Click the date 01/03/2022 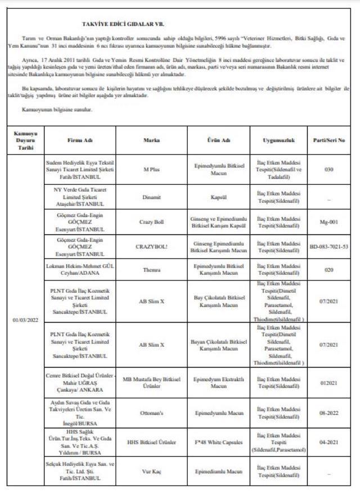(x=25, y=320)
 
